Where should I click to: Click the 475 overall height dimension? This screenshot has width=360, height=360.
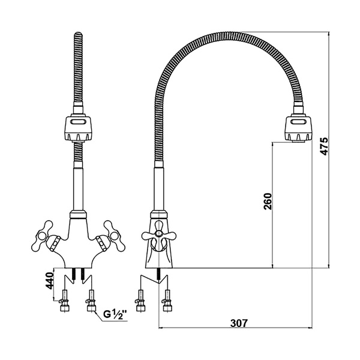tap(325, 146)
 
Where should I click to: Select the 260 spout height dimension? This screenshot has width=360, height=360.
tap(268, 201)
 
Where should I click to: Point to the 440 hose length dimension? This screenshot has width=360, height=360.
tap(49, 281)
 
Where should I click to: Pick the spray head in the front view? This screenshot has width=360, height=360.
tap(78, 128)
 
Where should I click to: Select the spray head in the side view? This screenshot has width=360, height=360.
tap(298, 128)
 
